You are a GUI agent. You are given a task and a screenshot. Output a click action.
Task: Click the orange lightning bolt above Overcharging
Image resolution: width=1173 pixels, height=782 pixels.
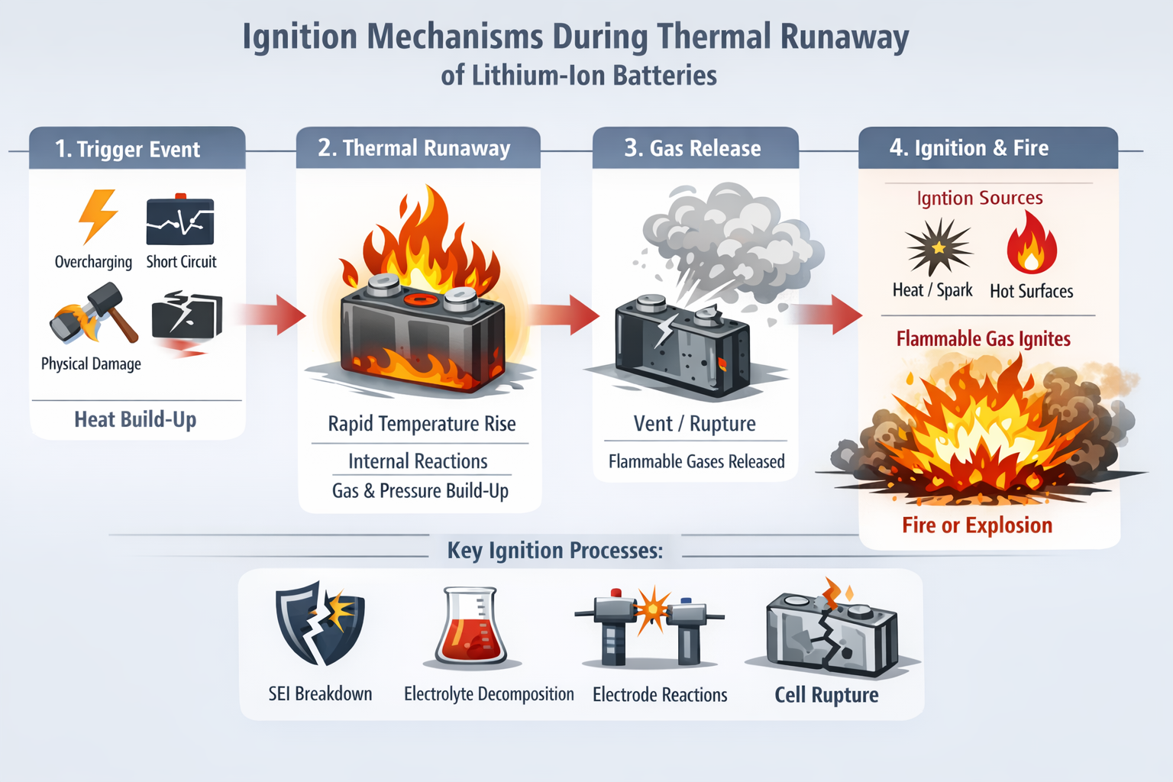(x=99, y=216)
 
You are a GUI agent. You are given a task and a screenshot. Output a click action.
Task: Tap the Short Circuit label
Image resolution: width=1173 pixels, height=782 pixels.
(x=181, y=262)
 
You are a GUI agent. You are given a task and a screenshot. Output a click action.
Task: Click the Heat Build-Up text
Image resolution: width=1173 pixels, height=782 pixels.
(x=135, y=419)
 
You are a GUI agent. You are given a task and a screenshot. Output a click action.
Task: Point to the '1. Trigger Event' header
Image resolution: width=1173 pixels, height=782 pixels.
(x=128, y=149)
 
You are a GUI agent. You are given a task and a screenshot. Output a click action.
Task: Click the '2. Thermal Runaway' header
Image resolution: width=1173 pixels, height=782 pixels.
(x=414, y=148)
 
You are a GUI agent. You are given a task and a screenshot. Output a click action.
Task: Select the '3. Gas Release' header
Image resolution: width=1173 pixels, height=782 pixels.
(x=693, y=148)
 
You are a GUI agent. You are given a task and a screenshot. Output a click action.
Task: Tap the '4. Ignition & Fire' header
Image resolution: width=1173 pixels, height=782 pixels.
(x=968, y=148)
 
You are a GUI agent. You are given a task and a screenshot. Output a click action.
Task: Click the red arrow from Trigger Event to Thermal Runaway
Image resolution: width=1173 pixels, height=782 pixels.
(x=271, y=314)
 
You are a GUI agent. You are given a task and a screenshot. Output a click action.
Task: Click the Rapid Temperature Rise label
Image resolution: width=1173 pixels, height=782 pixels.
(x=422, y=424)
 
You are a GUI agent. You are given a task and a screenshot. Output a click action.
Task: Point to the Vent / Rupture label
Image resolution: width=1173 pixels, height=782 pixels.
(x=694, y=424)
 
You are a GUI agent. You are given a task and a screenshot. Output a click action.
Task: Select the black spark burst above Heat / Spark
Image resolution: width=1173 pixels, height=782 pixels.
(x=938, y=247)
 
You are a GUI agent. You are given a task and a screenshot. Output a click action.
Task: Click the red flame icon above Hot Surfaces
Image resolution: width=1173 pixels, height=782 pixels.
(x=1031, y=244)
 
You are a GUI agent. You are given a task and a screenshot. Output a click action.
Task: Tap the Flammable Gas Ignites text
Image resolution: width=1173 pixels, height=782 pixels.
(x=983, y=339)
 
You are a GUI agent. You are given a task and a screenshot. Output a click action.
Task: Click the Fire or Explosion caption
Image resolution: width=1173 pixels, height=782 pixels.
(x=977, y=525)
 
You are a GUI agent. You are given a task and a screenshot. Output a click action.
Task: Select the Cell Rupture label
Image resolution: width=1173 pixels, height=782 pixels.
(x=826, y=695)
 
